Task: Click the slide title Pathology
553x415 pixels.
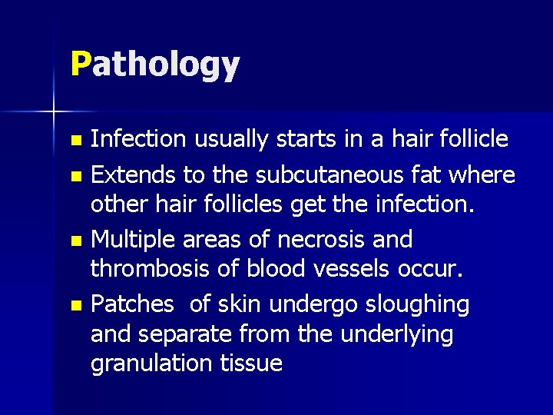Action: [x=154, y=65]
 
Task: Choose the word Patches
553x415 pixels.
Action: [x=132, y=304]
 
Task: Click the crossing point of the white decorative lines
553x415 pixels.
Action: [x=54, y=112]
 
